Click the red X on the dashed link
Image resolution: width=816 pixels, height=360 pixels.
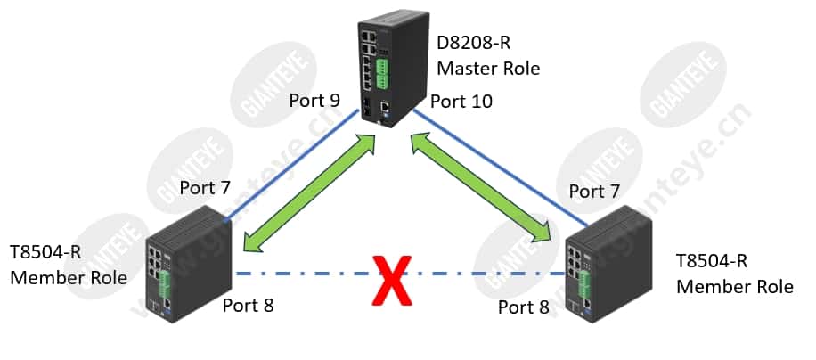point(391,280)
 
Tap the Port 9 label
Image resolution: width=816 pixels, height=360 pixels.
point(314,101)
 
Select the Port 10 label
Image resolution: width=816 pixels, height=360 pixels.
point(461,102)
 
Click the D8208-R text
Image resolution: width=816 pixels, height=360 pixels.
point(474,43)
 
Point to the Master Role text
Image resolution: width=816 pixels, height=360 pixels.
point(488,68)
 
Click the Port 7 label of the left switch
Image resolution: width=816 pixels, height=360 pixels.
point(205,188)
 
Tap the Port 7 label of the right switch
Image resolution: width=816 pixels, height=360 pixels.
point(594,192)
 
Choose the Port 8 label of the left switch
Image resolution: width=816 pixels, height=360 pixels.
point(248,306)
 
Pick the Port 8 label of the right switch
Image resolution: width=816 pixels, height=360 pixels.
point(524,307)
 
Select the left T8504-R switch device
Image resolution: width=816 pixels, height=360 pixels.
point(188,265)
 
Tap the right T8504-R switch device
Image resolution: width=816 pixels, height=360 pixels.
point(608,264)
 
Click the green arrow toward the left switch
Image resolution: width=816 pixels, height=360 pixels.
point(310,193)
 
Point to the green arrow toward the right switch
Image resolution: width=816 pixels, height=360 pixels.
point(481,187)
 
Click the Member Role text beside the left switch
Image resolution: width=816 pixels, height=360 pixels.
point(69,277)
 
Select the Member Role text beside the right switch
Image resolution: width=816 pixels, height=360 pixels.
point(735,287)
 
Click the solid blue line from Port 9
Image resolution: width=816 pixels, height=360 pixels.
point(291,166)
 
